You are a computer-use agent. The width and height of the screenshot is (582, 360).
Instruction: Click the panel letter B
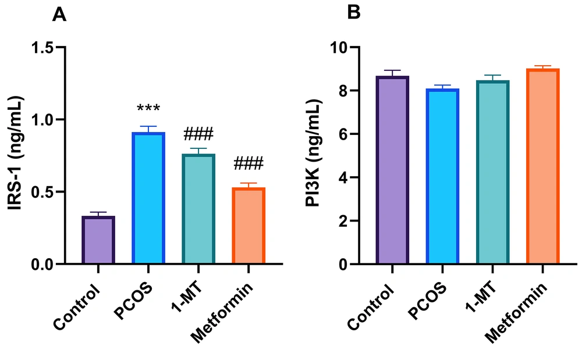354,13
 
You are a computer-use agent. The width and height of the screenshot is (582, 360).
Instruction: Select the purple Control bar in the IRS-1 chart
98,240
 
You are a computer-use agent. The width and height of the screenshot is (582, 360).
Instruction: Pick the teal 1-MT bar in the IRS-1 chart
198,209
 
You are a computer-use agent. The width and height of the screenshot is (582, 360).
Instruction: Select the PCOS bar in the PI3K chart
442,177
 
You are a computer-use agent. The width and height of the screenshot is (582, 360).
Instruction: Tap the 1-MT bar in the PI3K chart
492,173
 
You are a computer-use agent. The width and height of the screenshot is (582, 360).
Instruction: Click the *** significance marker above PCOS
148,109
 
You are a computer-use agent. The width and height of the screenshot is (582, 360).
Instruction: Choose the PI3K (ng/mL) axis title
317,156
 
